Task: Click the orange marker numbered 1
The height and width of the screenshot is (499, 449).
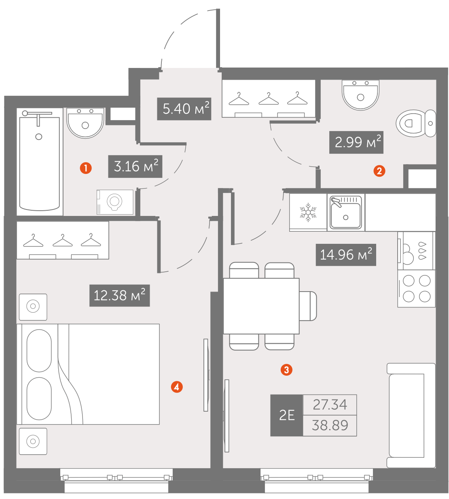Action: click(x=86, y=168)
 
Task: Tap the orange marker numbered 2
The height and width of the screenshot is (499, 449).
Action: click(x=379, y=171)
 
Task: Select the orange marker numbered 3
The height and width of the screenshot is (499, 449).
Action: click(x=286, y=370)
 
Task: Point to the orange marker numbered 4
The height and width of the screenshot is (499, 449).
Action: click(x=177, y=387)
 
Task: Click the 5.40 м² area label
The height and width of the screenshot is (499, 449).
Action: click(x=184, y=109)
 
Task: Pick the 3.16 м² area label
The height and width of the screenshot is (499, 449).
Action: click(x=135, y=167)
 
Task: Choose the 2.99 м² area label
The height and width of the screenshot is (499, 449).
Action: click(x=356, y=142)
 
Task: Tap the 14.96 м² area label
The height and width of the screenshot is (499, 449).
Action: click(x=346, y=255)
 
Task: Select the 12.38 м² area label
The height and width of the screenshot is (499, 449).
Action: click(x=119, y=296)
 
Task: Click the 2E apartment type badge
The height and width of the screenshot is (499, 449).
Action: click(x=286, y=415)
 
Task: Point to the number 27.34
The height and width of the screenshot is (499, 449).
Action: click(x=330, y=405)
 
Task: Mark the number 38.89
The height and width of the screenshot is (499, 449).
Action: click(x=330, y=426)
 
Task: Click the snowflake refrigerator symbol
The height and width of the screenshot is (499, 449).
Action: click(x=308, y=212)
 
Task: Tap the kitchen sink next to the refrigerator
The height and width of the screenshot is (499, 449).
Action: click(x=345, y=212)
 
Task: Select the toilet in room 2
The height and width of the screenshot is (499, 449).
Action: click(x=416, y=123)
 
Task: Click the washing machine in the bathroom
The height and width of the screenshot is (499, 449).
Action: click(x=115, y=202)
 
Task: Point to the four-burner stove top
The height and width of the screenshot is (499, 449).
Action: click(x=416, y=289)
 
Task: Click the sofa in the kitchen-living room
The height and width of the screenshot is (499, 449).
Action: click(x=411, y=415)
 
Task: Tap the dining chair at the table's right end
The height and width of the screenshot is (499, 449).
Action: click(x=308, y=306)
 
